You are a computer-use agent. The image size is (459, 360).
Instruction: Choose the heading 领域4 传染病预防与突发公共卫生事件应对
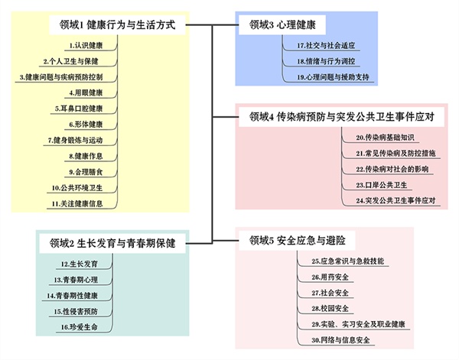coord(342,117)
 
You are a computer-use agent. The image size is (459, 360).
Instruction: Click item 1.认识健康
coord(89,45)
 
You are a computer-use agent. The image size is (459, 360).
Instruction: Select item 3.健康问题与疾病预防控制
coord(67,77)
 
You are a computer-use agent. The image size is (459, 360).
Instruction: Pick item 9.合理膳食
coord(89,171)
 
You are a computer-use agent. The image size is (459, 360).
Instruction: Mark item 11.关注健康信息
coord(83,203)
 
